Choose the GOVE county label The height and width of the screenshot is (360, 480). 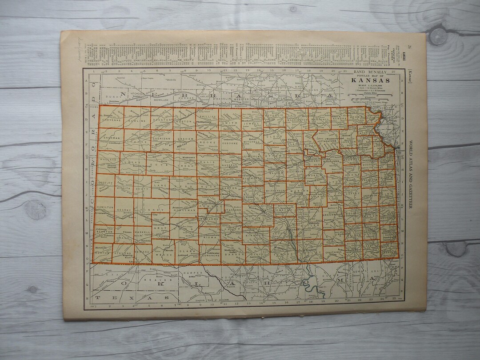point(161,164)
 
